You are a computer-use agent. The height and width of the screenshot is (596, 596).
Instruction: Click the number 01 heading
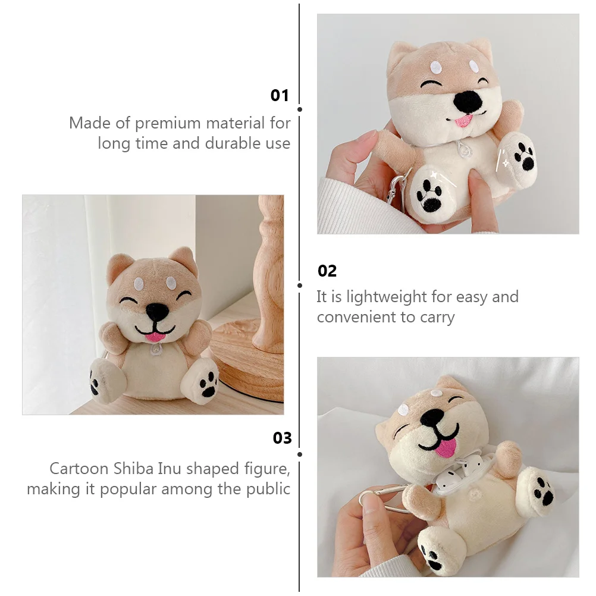click(x=280, y=95)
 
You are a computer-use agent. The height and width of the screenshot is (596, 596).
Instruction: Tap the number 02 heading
click(x=327, y=271)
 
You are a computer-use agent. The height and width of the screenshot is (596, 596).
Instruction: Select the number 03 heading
click(x=282, y=438)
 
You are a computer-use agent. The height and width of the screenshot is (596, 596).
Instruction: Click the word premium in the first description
click(x=168, y=124)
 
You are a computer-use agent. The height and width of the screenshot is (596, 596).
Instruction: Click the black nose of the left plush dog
click(x=157, y=312)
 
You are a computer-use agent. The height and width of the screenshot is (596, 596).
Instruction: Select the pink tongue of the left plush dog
click(x=154, y=337)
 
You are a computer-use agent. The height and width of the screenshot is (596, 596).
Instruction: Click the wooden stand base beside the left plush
click(x=247, y=365)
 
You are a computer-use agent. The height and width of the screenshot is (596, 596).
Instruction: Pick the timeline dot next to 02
click(x=300, y=286)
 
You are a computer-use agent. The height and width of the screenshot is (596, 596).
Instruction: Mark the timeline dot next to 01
click(x=300, y=109)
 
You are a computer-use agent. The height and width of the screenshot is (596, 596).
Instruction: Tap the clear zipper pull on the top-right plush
click(x=465, y=149)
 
